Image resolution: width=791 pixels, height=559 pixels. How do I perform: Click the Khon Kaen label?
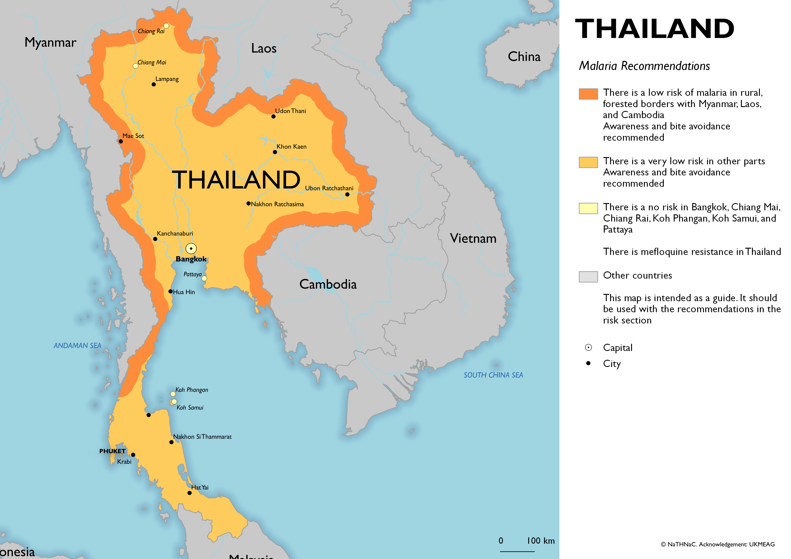coord(291,147)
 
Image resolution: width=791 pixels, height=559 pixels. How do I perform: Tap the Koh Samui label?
coord(190,408)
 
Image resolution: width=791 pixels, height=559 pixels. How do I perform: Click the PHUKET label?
coord(112,451)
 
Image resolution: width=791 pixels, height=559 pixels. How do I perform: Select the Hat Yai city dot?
coord(189,493)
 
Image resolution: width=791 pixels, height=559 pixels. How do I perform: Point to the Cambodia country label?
coord(328,284)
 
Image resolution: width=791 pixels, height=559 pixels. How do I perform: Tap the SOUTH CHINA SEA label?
coord(493,375)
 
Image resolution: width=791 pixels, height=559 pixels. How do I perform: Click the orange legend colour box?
coord(588,94)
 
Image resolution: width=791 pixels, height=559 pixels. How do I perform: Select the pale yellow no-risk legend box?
coord(588,208)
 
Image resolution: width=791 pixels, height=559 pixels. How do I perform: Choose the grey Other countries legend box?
coord(588,276)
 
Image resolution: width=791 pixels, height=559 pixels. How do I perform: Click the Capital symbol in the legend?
coord(588,347)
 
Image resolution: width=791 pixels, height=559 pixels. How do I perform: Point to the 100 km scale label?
coord(541,541)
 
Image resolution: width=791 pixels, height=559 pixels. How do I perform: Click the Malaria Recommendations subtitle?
coord(644,66)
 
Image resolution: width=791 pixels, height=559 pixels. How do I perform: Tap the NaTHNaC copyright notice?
coord(717,544)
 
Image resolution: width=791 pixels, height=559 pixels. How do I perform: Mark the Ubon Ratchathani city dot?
coord(347,195)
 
